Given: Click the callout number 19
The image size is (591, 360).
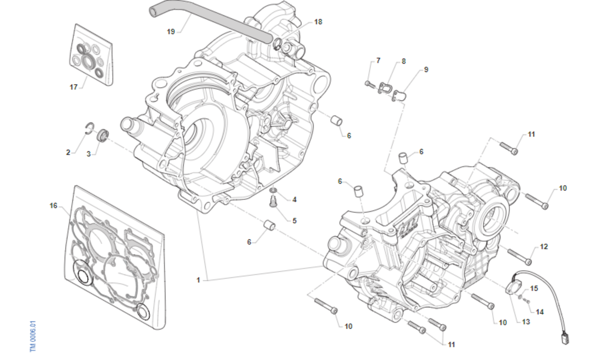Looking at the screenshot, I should point(171,31).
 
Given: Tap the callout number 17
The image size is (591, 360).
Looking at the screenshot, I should point(73,87).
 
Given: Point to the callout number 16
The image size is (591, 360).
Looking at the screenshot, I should point(54,205).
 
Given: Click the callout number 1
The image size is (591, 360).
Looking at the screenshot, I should point(198,280).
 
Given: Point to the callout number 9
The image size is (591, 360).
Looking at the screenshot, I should point(426,69).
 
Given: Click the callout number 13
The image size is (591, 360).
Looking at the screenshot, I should point(526,322).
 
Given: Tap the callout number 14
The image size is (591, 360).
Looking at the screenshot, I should point(540,312).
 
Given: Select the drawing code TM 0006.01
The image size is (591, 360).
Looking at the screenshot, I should point(33,336).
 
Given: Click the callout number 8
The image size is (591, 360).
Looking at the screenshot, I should point(404,62).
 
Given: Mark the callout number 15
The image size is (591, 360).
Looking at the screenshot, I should point(534,289).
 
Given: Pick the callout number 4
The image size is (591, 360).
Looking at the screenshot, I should point(295,199).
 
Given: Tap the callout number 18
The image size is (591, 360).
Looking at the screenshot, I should point(318,22).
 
